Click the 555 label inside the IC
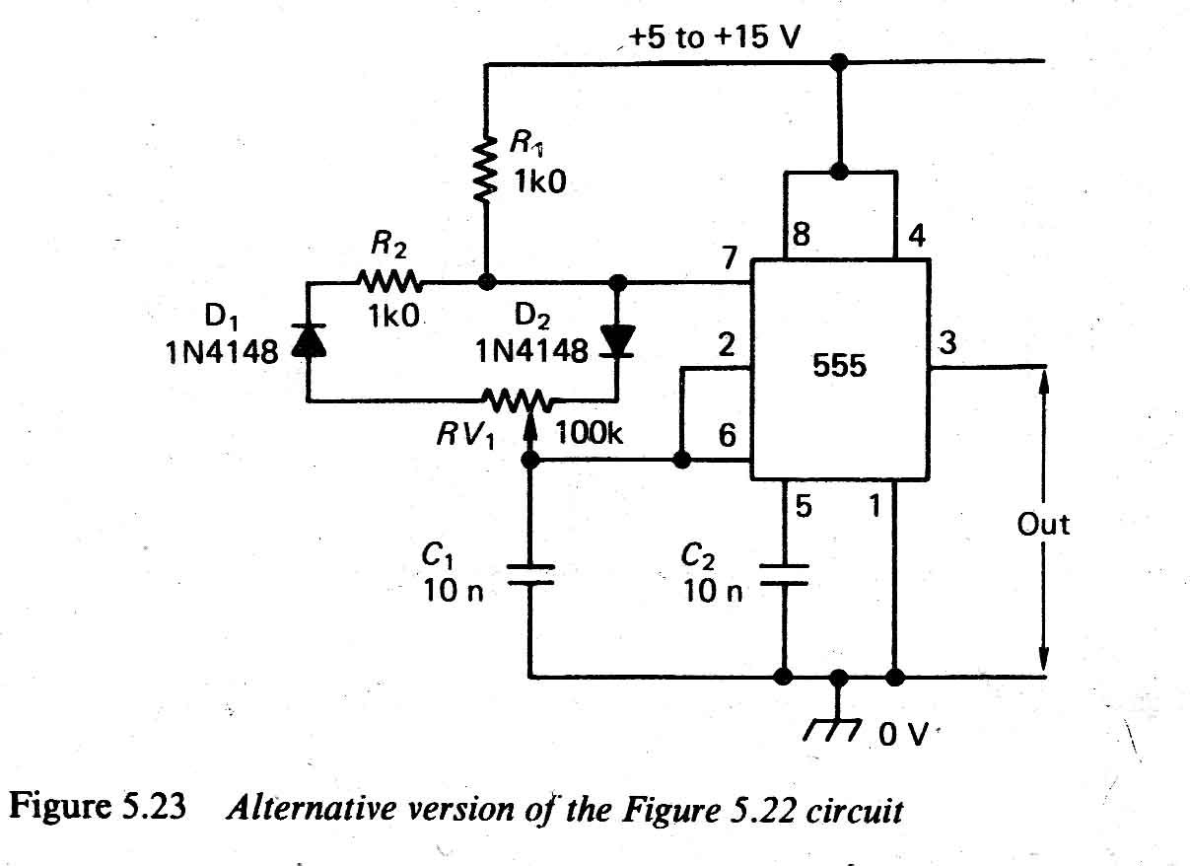[x=840, y=366]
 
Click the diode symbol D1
[x=308, y=340]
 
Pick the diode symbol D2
[x=619, y=340]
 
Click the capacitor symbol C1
[x=529, y=575]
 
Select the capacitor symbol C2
[x=785, y=575]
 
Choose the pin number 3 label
[x=947, y=344]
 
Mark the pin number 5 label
[x=803, y=508]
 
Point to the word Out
[x=1043, y=524]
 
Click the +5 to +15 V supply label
[x=716, y=38]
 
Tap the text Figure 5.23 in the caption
[x=99, y=809]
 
